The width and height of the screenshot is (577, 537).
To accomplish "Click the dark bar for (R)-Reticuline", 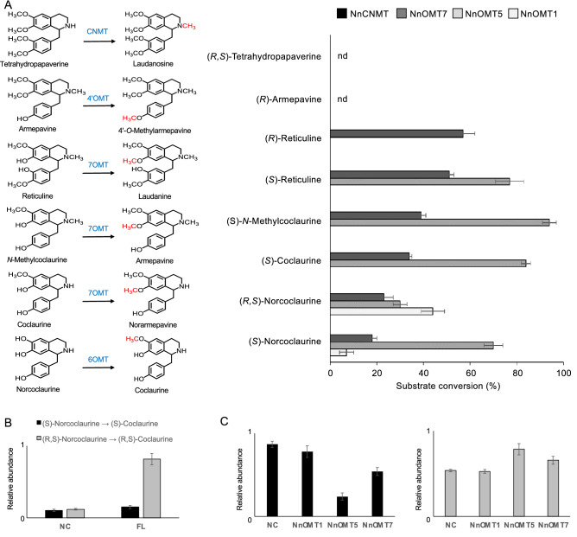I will [x=396, y=134].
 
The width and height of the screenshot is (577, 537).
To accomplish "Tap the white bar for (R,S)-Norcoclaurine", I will [x=356, y=310].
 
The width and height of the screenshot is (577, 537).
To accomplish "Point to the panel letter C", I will [x=224, y=421].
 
